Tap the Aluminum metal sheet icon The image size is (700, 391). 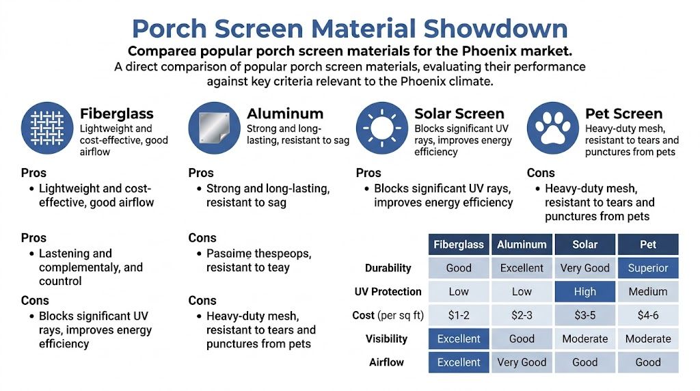click(215, 127)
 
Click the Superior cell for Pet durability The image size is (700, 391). click(647, 268)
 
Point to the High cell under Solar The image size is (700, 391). click(584, 292)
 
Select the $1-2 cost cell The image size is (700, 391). click(459, 315)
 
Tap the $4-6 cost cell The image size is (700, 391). click(647, 315)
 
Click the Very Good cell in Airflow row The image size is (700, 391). click(522, 362)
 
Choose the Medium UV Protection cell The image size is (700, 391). click(647, 292)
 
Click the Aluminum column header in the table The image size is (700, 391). click(522, 245)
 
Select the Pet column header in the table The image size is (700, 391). click(647, 245)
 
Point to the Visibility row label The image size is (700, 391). click(386, 338)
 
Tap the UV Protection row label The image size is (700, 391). click(388, 292)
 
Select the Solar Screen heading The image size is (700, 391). click(459, 113)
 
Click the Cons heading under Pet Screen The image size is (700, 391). click(541, 173)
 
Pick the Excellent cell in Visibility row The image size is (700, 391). click(459, 338)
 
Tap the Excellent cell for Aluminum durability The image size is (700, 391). click(522, 268)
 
